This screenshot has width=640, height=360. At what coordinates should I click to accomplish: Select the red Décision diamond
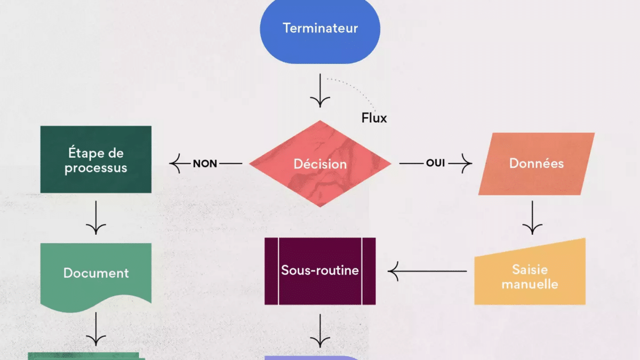pos(320,164)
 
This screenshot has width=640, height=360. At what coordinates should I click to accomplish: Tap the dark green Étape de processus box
pos(96,159)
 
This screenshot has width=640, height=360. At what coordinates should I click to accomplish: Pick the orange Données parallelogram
pos(536,163)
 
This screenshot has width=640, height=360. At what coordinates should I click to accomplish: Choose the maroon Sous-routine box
pos(320,271)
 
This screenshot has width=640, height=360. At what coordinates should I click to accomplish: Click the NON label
pos(205,164)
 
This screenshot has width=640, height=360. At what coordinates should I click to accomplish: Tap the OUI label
pos(435,163)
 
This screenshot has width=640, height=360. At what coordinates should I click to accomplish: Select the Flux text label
pos(374,118)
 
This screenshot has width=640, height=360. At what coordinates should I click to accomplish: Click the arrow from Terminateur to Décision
pos(320,91)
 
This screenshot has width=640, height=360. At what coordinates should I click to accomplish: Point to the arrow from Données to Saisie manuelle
pos(532,217)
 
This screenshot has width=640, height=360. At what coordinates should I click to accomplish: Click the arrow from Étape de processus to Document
pos(96,217)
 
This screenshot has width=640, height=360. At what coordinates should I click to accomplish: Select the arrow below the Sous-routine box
pos(320,331)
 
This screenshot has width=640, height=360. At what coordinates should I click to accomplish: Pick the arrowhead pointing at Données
pos(467,163)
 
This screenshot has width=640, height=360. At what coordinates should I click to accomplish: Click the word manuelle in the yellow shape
pos(530,284)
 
